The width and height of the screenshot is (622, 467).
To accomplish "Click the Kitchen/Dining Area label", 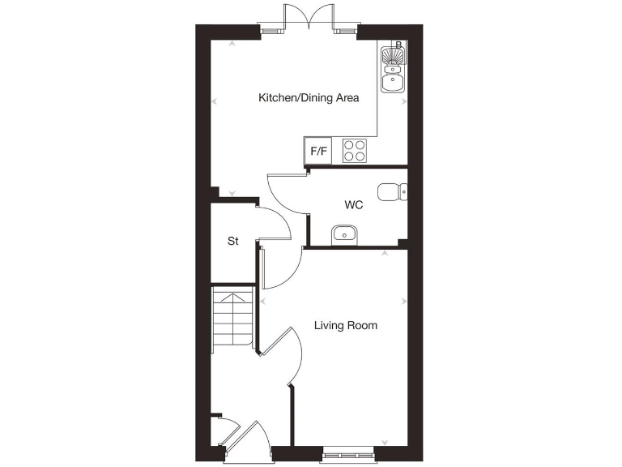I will point(308,98).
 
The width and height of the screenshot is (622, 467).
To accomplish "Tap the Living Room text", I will point(346,326).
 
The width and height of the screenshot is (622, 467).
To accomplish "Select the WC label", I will point(353,205).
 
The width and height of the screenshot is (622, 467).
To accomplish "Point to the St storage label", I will point(233,241).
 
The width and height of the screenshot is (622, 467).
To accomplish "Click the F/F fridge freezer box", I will point(317,152).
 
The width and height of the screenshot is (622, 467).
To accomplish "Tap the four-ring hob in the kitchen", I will point(354,151).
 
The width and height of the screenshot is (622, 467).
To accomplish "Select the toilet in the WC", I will point(394,191).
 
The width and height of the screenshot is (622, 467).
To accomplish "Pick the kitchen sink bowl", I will point(394,80).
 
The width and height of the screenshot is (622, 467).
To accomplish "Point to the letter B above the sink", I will point(398,45).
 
